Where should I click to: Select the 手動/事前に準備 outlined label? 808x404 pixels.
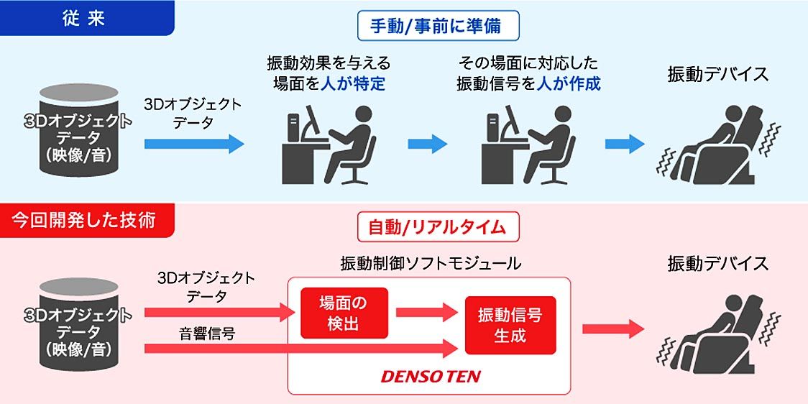(439, 27)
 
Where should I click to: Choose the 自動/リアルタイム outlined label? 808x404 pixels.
(438, 228)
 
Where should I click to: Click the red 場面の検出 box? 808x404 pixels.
(344, 313)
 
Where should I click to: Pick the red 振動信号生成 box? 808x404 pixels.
(510, 325)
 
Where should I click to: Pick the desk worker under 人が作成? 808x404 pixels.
(528, 143)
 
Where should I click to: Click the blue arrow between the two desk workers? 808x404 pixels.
(428, 144)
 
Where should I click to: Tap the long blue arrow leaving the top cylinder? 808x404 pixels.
(193, 144)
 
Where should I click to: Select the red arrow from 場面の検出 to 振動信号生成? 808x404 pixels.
(426, 313)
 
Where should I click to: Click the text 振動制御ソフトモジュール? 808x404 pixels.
(431, 264)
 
